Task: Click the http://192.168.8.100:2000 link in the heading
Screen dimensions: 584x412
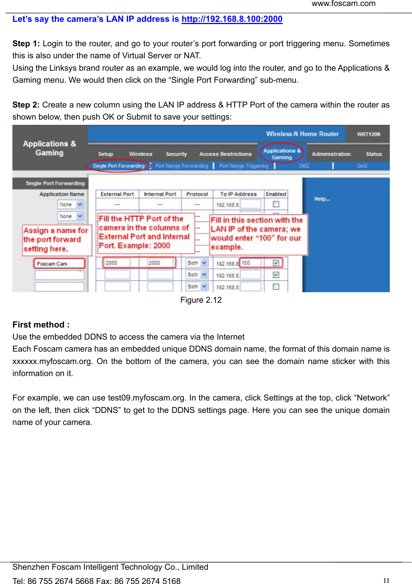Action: (232, 19)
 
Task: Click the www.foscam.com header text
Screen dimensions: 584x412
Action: (343, 4)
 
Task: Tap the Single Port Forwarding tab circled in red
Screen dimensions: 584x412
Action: (118, 166)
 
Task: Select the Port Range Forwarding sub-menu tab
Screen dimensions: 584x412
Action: (182, 166)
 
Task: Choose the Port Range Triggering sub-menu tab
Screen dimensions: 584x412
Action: (244, 166)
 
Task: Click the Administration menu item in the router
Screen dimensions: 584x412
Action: (331, 154)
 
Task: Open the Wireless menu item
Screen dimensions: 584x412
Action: (141, 154)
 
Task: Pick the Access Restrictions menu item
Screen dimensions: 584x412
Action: (225, 154)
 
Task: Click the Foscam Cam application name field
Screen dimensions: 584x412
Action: (59, 264)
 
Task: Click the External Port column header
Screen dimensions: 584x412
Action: (117, 194)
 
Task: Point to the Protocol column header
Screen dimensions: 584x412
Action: (197, 194)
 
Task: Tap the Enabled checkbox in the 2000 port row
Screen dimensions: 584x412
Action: (276, 263)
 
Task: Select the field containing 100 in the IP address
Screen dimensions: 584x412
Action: (250, 263)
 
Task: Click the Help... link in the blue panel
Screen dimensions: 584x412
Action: (322, 199)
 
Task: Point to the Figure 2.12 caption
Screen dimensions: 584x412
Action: (201, 300)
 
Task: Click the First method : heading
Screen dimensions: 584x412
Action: (41, 325)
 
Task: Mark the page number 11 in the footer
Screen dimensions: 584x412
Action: (386, 580)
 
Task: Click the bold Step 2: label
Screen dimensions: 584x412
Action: (26, 105)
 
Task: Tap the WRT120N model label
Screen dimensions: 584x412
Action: (368, 134)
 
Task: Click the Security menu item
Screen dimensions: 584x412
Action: (176, 154)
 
